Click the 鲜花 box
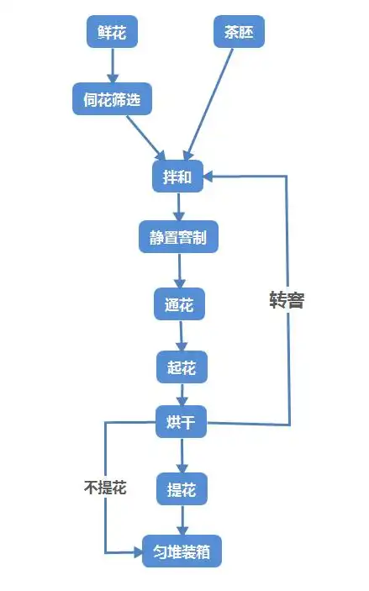[112, 33]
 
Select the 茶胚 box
[239, 33]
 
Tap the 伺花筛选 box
[112, 101]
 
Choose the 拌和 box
[178, 176]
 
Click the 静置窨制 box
[178, 238]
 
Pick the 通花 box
[179, 304]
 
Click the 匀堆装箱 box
[182, 552]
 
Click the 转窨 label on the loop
[286, 300]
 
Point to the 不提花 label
[105, 488]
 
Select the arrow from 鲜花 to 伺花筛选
[112, 66]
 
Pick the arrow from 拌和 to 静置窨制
[178, 207]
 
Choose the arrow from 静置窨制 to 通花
[179, 271]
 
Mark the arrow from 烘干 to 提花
[182, 454]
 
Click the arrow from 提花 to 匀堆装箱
[182, 520]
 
